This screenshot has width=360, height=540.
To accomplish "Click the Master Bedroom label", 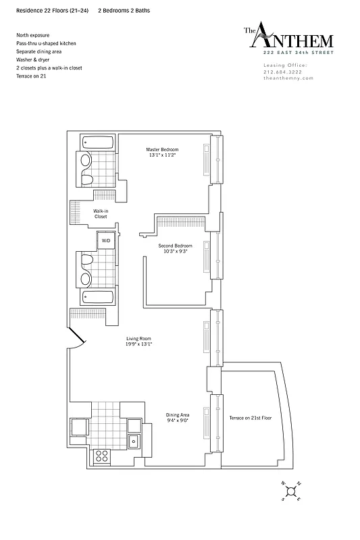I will coord(162,148).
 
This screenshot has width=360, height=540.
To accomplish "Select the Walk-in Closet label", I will coord(101,213).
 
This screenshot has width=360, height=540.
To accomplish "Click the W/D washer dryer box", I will coord(106,240).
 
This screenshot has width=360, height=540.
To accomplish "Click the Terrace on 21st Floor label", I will coord(250,418).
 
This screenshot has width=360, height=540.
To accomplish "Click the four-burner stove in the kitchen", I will coord(101,455).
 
